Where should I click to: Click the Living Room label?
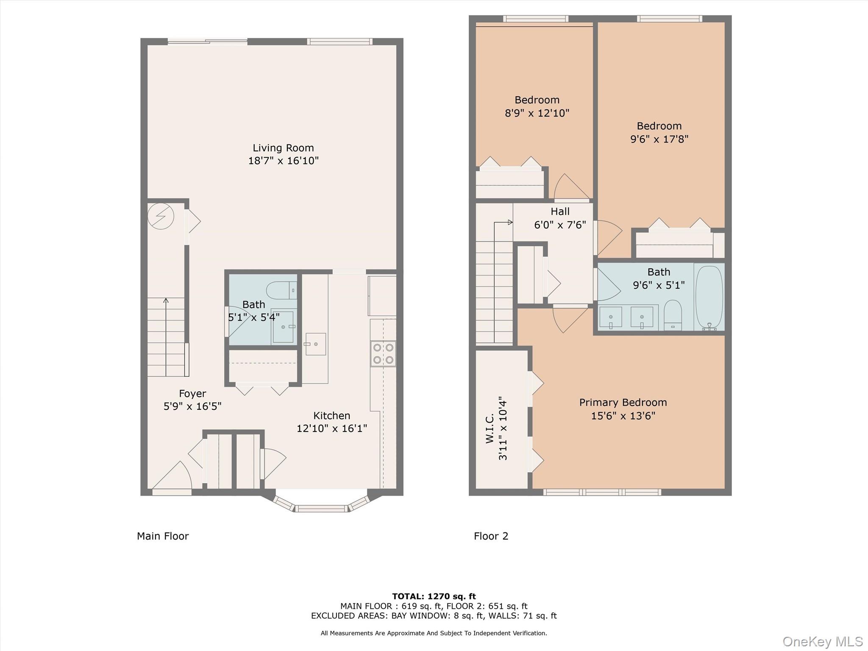click(283, 148)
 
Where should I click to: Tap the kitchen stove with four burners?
click(383, 354)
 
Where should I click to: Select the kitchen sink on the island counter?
click(315, 344)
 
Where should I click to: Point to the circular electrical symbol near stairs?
click(161, 216)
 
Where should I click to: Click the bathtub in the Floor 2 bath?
click(709, 298)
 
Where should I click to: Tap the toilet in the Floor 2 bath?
click(673, 314)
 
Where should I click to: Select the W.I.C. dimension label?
click(497, 428)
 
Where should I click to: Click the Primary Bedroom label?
click(623, 402)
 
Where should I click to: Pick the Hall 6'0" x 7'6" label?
click(560, 218)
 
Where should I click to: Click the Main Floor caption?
click(163, 536)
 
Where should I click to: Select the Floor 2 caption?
click(491, 536)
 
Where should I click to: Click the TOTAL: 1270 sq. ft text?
click(434, 596)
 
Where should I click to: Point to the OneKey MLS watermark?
click(822, 641)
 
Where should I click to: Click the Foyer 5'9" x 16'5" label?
click(192, 400)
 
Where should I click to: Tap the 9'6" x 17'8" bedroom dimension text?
click(659, 139)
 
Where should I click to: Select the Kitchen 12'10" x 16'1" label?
click(331, 422)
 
